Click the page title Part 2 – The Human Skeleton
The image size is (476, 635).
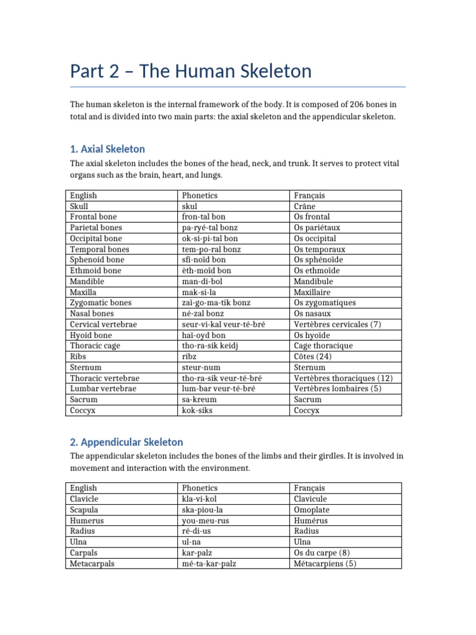tap(191, 71)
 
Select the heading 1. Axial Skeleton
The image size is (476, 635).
tap(107, 149)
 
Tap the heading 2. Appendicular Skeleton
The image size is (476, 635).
tap(126, 442)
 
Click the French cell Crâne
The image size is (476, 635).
tap(306, 206)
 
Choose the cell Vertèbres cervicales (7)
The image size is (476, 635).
tap(338, 324)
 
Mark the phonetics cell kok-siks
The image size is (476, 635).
tap(196, 410)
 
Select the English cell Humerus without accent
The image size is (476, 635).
tap(87, 520)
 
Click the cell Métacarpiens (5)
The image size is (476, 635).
tap(325, 564)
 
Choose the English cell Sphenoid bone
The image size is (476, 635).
tap(97, 260)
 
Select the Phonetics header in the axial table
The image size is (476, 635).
tap(200, 195)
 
